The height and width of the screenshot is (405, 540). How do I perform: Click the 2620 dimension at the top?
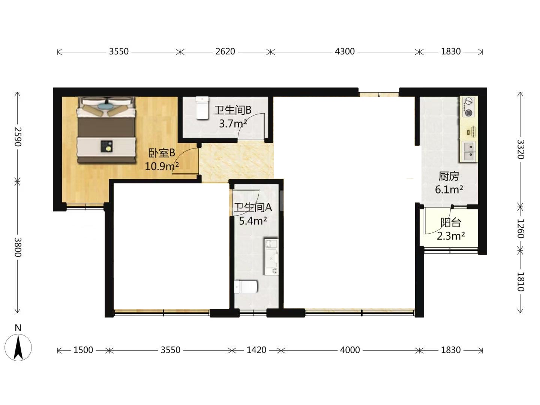tap(225, 52)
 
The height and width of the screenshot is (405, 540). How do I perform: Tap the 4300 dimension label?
tap(345, 52)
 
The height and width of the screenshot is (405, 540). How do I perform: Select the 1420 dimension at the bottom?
tap(256, 350)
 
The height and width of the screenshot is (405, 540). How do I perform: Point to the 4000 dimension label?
tap(350, 350)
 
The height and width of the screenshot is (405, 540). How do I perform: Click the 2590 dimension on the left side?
tap(18, 137)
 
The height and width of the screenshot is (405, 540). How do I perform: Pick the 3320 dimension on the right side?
tap(520, 150)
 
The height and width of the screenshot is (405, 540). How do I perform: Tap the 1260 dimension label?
tap(520, 229)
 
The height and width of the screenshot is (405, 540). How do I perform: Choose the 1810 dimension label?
tap(520, 282)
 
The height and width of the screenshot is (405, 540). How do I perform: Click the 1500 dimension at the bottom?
tap(83, 350)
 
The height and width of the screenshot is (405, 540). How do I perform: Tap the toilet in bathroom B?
tap(202, 108)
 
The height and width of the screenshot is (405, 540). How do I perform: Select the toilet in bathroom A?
tap(246, 287)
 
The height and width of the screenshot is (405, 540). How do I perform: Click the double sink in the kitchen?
tap(468, 151)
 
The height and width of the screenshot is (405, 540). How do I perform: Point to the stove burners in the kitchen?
tap(468, 107)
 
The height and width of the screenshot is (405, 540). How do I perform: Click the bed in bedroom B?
tap(106, 130)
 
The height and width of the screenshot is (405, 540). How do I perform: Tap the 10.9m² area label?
tap(162, 166)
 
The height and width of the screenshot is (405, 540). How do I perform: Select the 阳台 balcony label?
tap(450, 222)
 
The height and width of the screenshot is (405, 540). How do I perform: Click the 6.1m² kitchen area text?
tap(449, 190)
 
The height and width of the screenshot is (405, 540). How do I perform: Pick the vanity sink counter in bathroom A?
tap(271, 257)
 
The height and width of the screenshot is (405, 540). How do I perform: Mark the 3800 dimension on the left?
tap(18, 247)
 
